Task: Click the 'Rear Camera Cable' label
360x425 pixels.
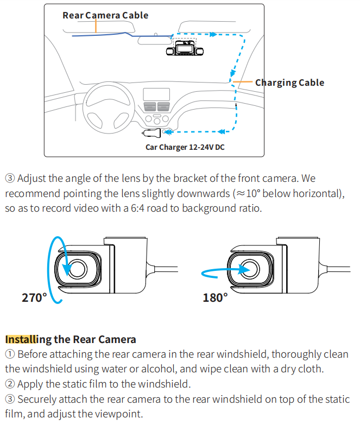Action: click(x=105, y=15)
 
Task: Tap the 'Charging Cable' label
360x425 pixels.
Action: click(x=289, y=83)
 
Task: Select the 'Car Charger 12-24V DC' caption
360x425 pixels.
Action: click(x=185, y=147)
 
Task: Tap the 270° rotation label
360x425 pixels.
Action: click(x=34, y=297)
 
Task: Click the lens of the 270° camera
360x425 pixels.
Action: click(x=76, y=269)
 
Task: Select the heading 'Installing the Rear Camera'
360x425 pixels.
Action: click(x=71, y=339)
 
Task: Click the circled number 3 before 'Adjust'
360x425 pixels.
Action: click(x=10, y=178)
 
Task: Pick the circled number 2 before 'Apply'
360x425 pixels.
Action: click(x=10, y=384)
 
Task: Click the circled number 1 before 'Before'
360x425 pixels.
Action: click(x=10, y=354)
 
